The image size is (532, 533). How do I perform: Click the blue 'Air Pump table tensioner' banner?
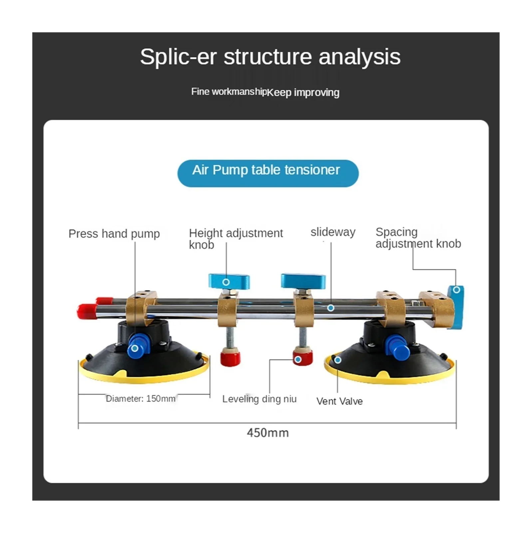[268, 173]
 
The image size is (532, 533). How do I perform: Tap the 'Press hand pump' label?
[114, 234]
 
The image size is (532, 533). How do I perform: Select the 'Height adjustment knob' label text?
[236, 239]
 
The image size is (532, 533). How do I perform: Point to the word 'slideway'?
[333, 232]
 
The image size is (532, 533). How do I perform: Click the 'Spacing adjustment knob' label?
[418, 238]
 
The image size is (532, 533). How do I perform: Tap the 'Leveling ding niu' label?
[259, 399]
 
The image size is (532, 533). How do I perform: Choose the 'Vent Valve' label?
[339, 401]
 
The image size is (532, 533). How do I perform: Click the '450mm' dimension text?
[268, 433]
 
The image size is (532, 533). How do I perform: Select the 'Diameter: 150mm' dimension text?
[140, 399]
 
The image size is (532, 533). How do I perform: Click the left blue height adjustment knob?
[229, 281]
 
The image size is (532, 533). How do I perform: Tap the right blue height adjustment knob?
[303, 281]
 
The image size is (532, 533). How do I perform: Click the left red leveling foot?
[230, 358]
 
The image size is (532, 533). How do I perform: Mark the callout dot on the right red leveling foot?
[298, 360]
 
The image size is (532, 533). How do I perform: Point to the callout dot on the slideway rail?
[331, 308]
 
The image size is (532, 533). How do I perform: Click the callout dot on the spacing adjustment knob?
[456, 290]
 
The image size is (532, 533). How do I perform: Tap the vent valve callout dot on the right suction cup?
[338, 360]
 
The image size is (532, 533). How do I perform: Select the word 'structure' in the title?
[268, 57]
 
